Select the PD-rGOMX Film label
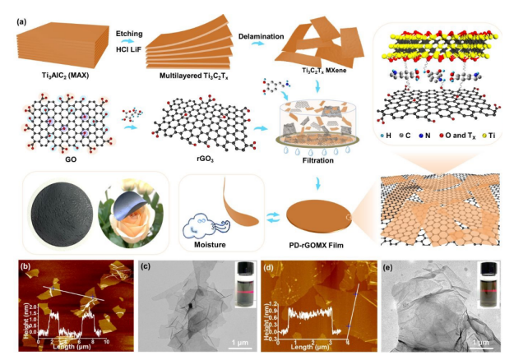click(317, 245)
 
